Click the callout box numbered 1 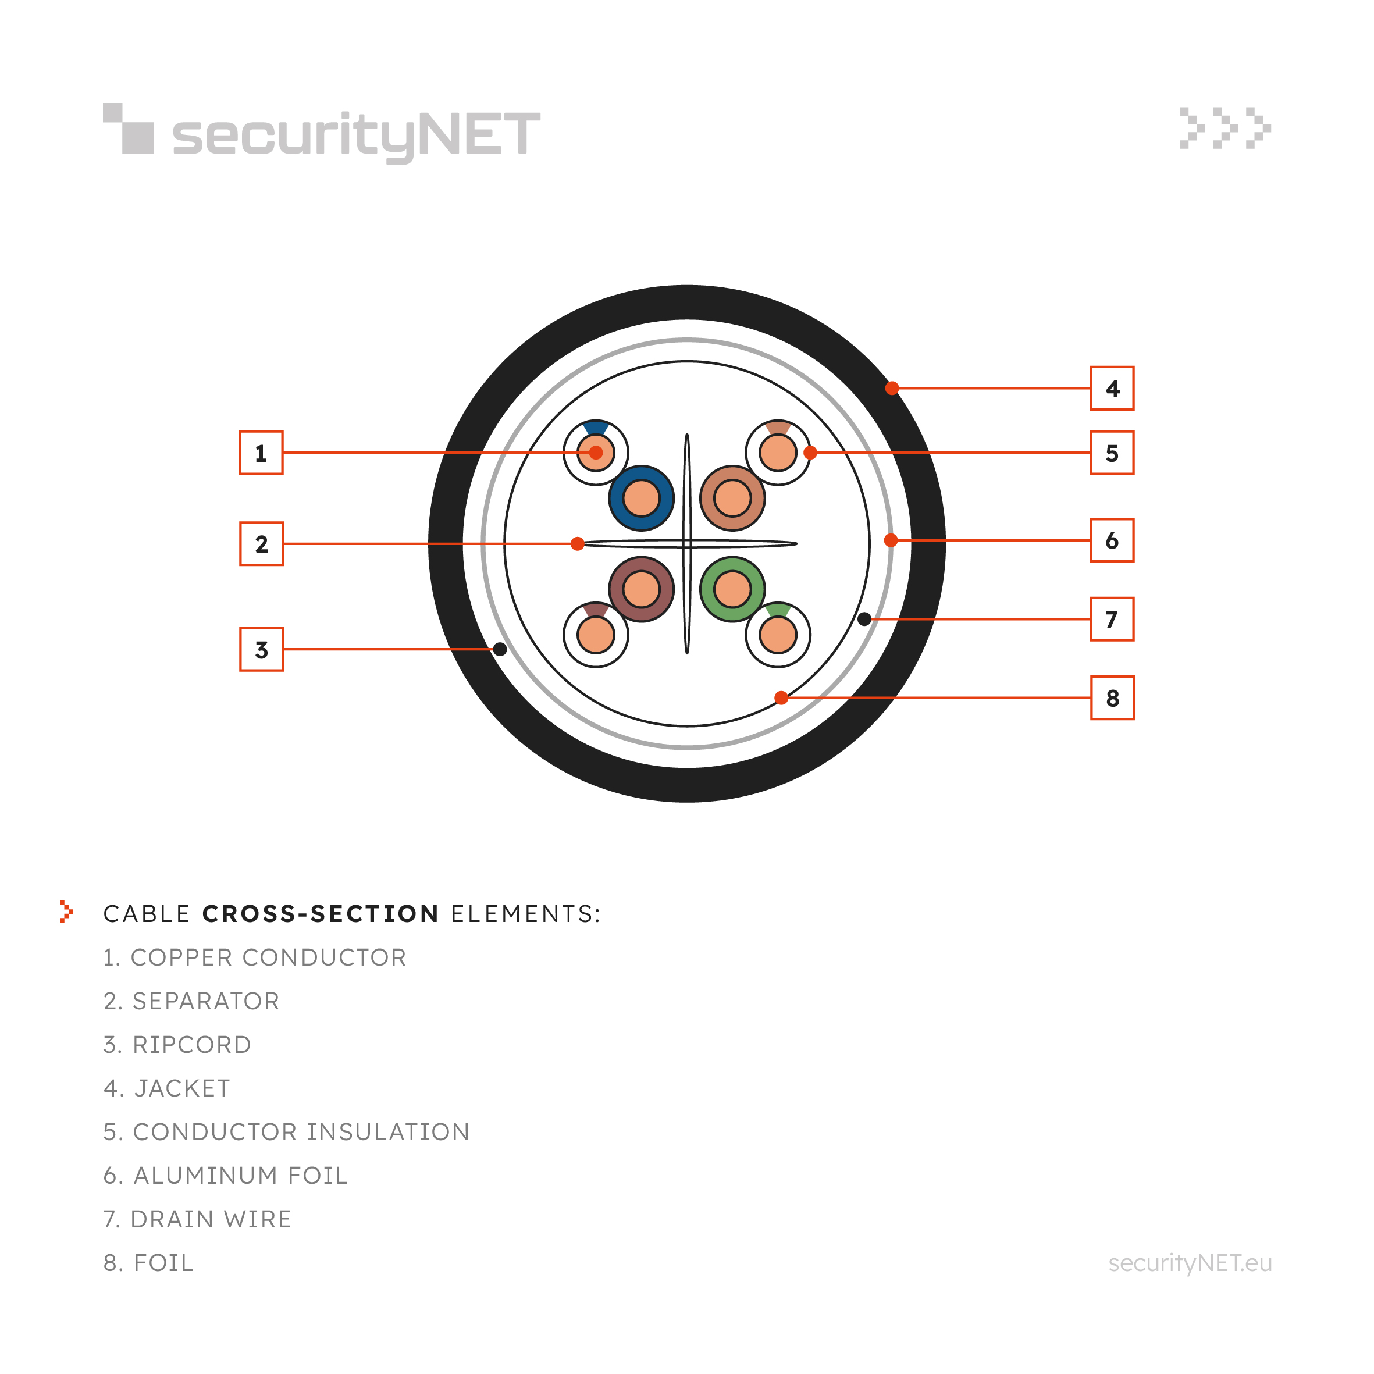(261, 453)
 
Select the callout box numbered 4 (1112, 389)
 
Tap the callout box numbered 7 (1112, 619)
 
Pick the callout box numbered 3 (261, 649)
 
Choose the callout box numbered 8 (1112, 697)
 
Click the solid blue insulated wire (642, 498)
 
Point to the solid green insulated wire (732, 589)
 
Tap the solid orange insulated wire (732, 498)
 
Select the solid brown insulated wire (642, 589)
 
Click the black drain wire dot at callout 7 (864, 619)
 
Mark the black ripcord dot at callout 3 (500, 649)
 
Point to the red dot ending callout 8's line (781, 697)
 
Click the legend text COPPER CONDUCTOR (268, 957)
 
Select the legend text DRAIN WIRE (211, 1219)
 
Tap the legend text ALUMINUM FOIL (240, 1176)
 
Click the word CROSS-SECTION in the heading (321, 914)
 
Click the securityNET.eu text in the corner (1190, 1263)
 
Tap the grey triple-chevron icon (1225, 128)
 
